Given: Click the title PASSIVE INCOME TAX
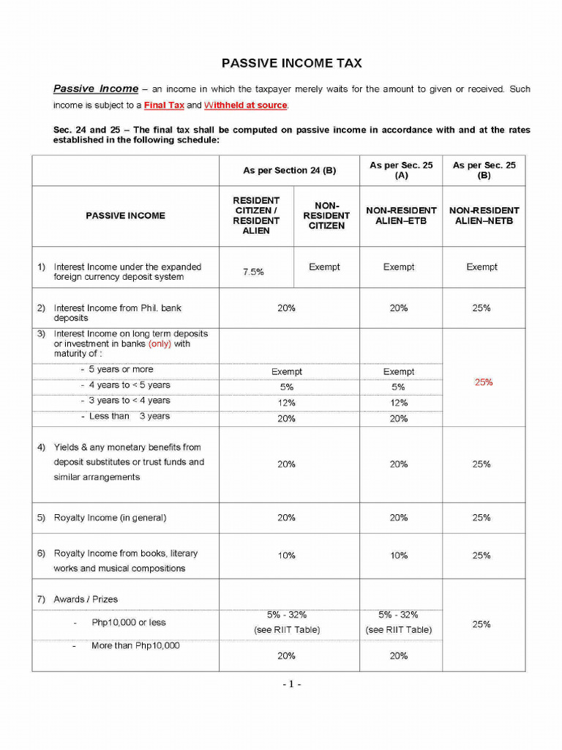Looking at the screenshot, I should pos(291,64).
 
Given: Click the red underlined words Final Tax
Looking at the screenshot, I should pos(164,105).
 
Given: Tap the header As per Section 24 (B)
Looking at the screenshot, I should pos(289,171).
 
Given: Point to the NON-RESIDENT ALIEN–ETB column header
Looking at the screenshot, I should pos(401,215).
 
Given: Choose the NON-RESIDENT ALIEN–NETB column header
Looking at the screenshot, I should pos(484,215).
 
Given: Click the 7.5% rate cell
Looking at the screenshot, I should pos(253,272).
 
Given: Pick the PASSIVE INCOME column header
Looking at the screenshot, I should pos(125,216).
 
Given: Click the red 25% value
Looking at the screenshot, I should pos(483,382).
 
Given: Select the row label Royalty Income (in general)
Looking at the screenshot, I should pos(110,518).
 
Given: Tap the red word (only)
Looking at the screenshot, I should pos(160,344).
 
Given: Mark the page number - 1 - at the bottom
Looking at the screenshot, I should pos(291,684).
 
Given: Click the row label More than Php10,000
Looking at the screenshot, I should pos(135,645).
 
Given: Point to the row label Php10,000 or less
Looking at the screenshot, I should pos(128,623).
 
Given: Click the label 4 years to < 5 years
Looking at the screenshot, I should pos(130,385).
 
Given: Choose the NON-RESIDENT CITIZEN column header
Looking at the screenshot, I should pos(326,216).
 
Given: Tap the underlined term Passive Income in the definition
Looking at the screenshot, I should pos(96,89).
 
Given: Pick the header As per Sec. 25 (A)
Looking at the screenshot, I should pos(401,171).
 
